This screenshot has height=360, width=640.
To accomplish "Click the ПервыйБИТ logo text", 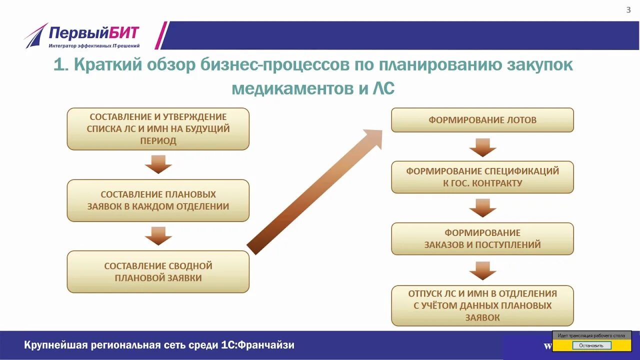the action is (x=93, y=34).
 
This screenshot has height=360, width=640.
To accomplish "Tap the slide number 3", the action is (x=628, y=10).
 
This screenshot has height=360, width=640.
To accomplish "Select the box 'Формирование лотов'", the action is (x=482, y=120).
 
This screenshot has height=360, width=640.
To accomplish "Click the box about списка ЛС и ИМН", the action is (x=158, y=129).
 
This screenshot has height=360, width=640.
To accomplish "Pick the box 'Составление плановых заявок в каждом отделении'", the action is (x=158, y=200).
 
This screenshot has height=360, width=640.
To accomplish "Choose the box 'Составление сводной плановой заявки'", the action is (x=158, y=271).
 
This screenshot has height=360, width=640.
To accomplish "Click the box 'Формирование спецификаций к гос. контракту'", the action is (x=482, y=177).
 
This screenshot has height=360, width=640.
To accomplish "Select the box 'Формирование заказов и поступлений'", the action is (x=482, y=239).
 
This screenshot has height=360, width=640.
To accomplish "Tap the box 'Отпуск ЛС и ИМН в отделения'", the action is (x=482, y=305).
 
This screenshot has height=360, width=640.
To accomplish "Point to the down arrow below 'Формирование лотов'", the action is (x=482, y=147).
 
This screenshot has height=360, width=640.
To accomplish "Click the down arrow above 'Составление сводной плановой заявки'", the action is (x=158, y=236).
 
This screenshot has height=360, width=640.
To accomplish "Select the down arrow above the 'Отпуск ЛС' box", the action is (x=482, y=270).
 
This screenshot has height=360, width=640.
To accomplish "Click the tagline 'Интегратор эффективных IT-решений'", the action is (x=94, y=46).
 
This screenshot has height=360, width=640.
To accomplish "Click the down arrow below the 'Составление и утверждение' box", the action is (x=158, y=164).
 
